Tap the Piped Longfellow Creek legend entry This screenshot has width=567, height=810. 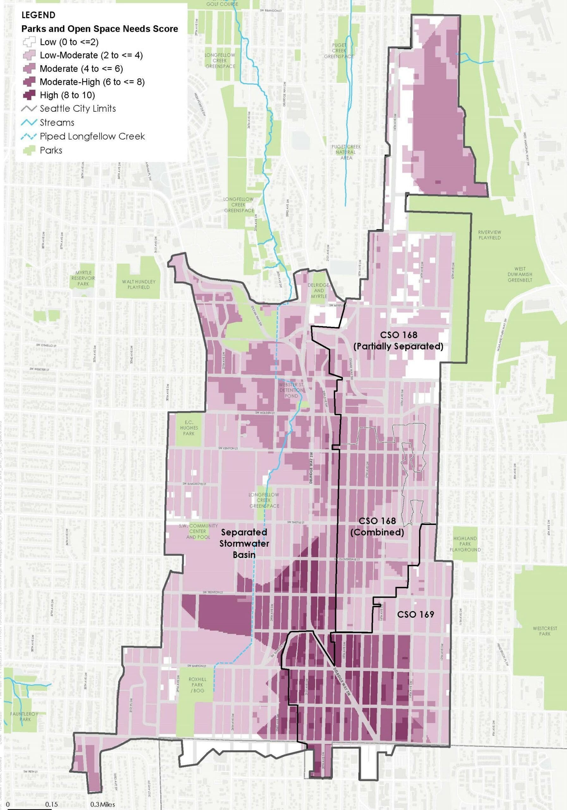[92, 136]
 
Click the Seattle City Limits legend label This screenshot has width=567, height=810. [77, 108]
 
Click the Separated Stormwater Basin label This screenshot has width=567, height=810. [244, 543]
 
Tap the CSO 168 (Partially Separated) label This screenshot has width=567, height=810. [398, 340]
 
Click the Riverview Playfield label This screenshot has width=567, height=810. [490, 235]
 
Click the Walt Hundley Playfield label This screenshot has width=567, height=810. [139, 284]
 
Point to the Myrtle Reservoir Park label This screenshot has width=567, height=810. [83, 278]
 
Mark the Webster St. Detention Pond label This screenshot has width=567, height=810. [291, 390]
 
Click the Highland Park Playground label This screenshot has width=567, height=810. [465, 544]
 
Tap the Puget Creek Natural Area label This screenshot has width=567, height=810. [346, 152]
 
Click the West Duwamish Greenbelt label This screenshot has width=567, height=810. [520, 274]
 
